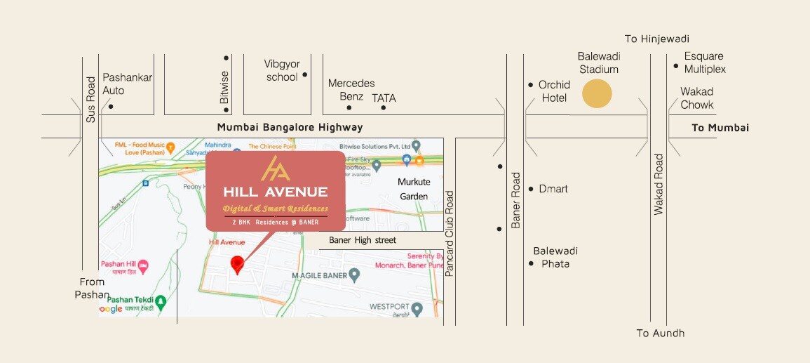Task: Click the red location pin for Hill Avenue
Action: pyautogui.click(x=238, y=264)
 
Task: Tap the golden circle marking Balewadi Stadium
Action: pyautogui.click(x=598, y=93)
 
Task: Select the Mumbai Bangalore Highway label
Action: pyautogui.click(x=290, y=127)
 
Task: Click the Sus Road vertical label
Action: pyautogui.click(x=90, y=100)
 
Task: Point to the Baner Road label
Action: pyautogui.click(x=516, y=200)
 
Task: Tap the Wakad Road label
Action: pyautogui.click(x=659, y=185)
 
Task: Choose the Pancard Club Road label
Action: pyautogui.click(x=450, y=233)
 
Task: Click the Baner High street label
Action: pyautogui.click(x=363, y=240)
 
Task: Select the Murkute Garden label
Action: pyautogui.click(x=413, y=189)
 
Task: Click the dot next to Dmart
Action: pyautogui.click(x=532, y=189)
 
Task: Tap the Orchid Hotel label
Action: pyautogui.click(x=554, y=91)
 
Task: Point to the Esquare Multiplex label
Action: pyautogui.click(x=705, y=62)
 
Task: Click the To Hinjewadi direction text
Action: pyautogui.click(x=656, y=39)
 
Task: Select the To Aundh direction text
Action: pyautogui.click(x=660, y=333)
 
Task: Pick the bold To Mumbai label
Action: pyautogui.click(x=720, y=128)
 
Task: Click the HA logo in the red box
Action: pyautogui.click(x=275, y=169)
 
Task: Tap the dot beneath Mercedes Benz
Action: pyautogui.click(x=349, y=107)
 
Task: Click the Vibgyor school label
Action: pyautogui.click(x=282, y=70)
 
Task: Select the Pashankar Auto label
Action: pyautogui.click(x=127, y=84)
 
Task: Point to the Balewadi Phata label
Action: pyautogui.click(x=555, y=257)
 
